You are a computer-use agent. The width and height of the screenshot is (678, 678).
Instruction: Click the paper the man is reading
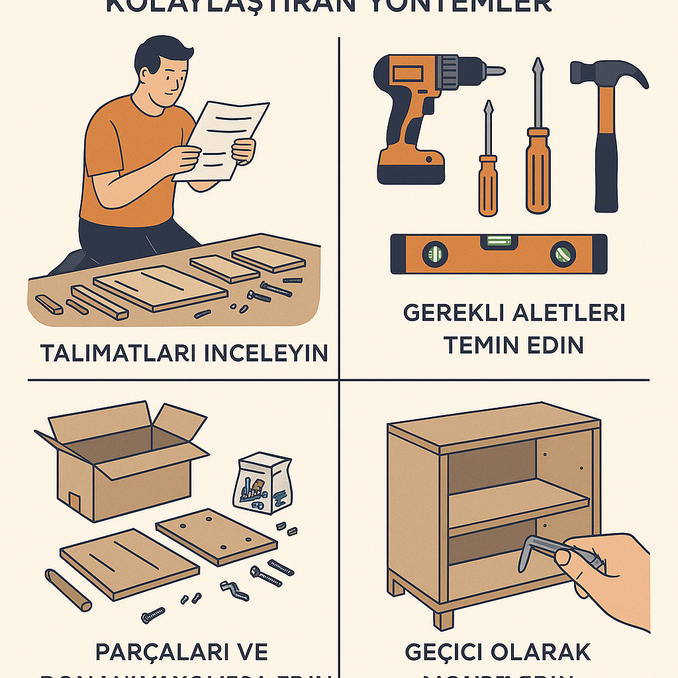[222, 139]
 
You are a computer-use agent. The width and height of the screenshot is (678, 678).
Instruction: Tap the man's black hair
[159, 56]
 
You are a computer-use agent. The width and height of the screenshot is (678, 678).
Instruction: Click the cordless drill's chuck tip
[493, 71]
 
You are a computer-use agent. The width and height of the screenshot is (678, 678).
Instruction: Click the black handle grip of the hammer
[606, 175]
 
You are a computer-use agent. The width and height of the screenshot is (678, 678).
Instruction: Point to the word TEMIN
[479, 345]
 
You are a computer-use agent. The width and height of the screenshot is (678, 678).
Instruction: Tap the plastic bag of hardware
[263, 483]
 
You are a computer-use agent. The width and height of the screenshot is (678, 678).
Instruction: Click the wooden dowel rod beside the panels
[68, 589]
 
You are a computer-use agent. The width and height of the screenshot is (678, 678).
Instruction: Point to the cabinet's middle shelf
[516, 507]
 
